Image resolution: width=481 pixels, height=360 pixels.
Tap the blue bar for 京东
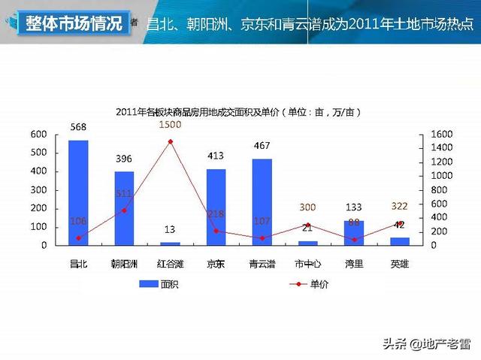pyautogui.click(x=216, y=207)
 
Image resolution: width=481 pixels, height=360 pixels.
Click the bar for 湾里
pyautogui.click(x=354, y=232)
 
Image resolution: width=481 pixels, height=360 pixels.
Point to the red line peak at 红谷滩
pyautogui.click(x=170, y=141)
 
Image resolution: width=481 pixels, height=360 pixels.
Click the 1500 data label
pyautogui.click(x=170, y=125)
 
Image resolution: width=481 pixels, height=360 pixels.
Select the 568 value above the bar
pyautogui.click(x=78, y=127)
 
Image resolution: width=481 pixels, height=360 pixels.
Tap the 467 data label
pyautogui.click(x=262, y=145)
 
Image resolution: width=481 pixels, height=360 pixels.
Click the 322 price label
pyautogui.click(x=400, y=207)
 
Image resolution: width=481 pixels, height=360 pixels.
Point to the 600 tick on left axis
pyautogui.click(x=38, y=135)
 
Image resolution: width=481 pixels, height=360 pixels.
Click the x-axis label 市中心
pyautogui.click(x=307, y=264)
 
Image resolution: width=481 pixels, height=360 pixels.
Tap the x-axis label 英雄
pyautogui.click(x=400, y=264)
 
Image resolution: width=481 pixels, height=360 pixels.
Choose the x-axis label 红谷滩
pyautogui.click(x=170, y=264)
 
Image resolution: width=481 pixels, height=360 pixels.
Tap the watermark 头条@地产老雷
pyautogui.click(x=426, y=345)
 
